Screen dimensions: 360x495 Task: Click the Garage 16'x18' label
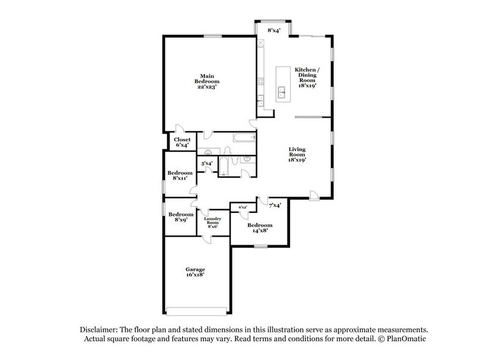click(x=195, y=272)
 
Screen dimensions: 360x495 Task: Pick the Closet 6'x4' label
click(x=182, y=142)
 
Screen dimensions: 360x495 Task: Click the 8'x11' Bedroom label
click(x=181, y=176)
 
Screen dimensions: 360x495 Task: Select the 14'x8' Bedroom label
click(x=260, y=228)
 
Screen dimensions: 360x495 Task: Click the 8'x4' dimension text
click(x=272, y=30)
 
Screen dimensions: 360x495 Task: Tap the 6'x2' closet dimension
click(x=242, y=207)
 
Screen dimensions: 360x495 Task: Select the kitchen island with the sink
click(x=283, y=83)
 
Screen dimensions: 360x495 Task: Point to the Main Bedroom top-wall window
click(x=212, y=36)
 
